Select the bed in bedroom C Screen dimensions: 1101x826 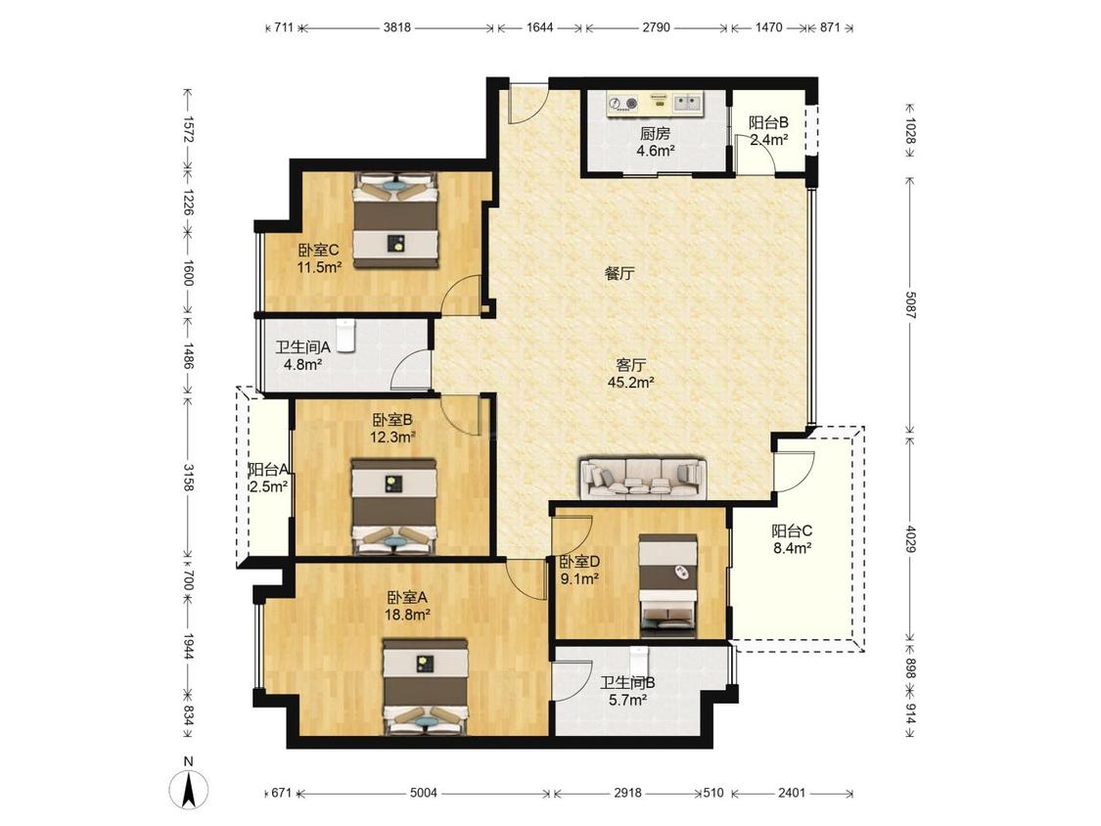(396, 220)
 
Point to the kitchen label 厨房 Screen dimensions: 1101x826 (655, 133)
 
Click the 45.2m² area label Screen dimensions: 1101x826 (631, 383)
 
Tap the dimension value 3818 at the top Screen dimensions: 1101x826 (396, 27)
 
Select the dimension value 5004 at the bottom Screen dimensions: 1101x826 (424, 793)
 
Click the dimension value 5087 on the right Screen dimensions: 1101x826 (910, 305)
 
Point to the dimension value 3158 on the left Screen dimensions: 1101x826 (188, 477)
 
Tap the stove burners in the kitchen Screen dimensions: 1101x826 (623, 104)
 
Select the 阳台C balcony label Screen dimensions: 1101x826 (792, 531)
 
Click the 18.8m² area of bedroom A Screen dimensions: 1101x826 (407, 615)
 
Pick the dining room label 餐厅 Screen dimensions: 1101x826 (620, 273)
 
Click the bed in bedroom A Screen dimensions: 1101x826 (426, 686)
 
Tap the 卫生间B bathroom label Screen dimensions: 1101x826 (627, 683)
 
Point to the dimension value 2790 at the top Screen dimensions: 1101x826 (656, 27)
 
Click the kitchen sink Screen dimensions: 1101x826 (688, 104)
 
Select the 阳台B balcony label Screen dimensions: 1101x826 (768, 122)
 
